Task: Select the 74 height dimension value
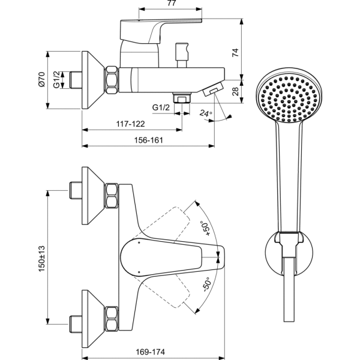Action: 236,52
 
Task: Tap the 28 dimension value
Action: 236,91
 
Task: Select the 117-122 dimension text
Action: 130,124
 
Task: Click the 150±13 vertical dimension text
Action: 43,254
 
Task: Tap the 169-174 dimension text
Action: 148,352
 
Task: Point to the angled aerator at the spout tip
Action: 211,90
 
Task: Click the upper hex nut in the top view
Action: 112,196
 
